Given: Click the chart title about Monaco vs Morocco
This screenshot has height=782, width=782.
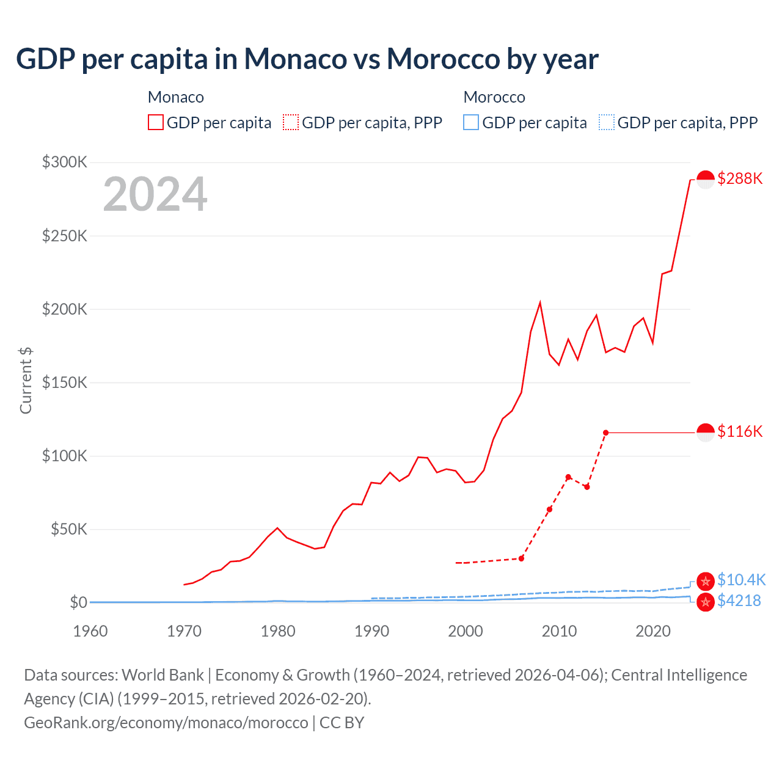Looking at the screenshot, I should click(x=307, y=59).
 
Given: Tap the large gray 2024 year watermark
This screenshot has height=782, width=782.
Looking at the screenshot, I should click(x=155, y=195).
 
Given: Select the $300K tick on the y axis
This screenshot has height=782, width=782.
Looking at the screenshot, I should click(x=65, y=163).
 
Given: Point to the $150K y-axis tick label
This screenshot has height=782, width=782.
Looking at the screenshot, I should click(x=65, y=383).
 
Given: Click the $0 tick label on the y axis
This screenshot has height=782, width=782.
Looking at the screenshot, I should click(x=78, y=603).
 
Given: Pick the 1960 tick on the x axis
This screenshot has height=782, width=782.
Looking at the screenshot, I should click(x=90, y=631).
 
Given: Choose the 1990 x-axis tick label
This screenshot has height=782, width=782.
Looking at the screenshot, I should click(x=371, y=631).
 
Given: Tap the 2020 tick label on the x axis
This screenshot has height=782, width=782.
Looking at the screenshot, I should click(x=653, y=631).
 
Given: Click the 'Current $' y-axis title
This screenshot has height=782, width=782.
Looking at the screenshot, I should click(x=26, y=380).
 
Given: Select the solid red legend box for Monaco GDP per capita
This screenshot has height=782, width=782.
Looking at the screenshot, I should click(x=156, y=123).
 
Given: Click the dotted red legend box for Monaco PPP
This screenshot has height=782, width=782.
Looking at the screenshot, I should click(x=291, y=123).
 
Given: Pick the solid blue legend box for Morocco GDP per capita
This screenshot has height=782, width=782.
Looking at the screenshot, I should click(x=471, y=123).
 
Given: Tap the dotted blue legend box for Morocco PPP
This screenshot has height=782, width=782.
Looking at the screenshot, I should click(x=607, y=123).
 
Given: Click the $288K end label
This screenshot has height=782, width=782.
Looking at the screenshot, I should click(x=740, y=179).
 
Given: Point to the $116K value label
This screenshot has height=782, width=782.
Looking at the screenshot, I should click(x=740, y=432).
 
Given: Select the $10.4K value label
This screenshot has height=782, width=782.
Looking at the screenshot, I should click(x=741, y=580).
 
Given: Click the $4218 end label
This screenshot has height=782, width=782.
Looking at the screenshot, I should click(x=739, y=601).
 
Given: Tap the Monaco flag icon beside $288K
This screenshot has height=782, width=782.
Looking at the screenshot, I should click(x=706, y=180).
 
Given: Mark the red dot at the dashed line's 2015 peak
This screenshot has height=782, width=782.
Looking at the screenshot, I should click(x=605, y=433).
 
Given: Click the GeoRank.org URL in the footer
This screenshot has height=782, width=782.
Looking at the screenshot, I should click(x=166, y=723).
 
